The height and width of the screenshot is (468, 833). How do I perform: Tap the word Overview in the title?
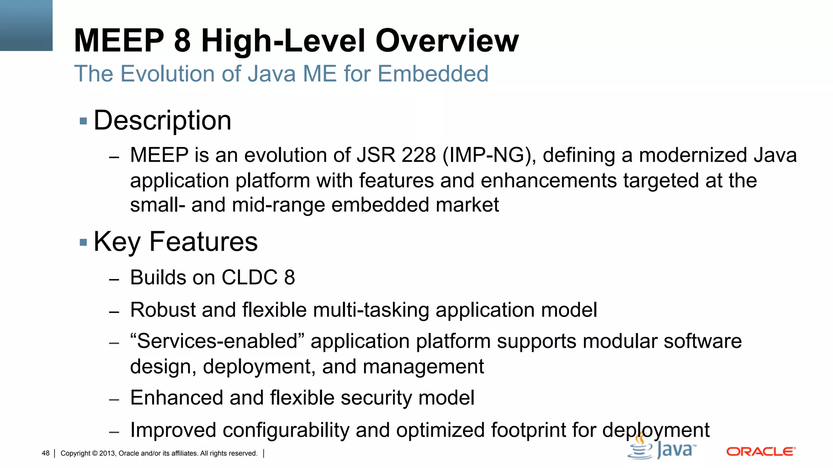[447, 41]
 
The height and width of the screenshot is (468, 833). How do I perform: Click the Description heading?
[162, 121]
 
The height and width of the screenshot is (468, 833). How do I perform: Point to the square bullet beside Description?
[83, 121]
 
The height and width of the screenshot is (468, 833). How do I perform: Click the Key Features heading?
[175, 242]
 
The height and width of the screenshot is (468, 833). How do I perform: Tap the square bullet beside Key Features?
[83, 243]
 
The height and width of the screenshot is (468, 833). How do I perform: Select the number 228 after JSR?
[419, 155]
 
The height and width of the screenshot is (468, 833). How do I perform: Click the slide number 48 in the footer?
[46, 453]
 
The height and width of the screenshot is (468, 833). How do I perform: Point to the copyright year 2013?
[107, 453]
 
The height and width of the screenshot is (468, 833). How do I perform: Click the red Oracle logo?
[761, 452]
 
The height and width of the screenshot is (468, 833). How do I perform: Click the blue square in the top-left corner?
[26, 25]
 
